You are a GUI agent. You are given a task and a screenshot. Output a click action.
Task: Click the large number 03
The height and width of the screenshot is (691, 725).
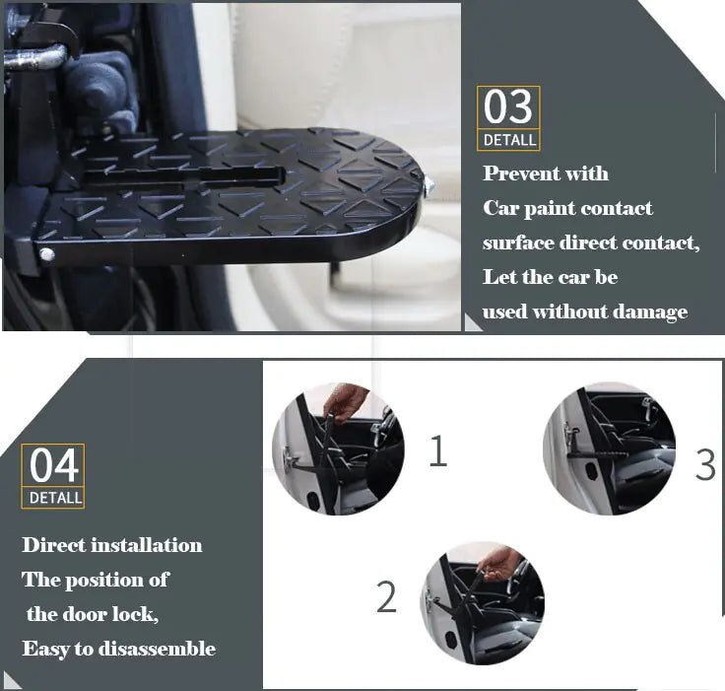tap(508, 107)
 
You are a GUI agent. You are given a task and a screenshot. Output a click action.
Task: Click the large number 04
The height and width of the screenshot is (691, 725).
tap(53, 465)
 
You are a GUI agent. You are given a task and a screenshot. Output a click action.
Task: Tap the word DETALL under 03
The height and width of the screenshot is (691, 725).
tap(508, 140)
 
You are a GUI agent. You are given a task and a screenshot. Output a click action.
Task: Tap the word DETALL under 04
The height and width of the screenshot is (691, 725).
tap(54, 498)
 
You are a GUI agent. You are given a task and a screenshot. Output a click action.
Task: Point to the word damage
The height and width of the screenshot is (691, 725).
tap(648, 312)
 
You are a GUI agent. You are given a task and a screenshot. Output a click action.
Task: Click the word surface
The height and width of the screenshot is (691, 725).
tap(521, 243)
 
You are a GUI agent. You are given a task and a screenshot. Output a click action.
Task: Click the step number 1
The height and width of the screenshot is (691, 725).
tap(437, 451)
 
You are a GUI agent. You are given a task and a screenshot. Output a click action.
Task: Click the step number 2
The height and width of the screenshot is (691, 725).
tap(386, 597)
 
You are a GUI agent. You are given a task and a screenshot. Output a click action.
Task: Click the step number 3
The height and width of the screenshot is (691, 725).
tap(704, 464)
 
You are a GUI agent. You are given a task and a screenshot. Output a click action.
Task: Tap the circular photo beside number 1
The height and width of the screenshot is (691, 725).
tap(336, 449)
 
